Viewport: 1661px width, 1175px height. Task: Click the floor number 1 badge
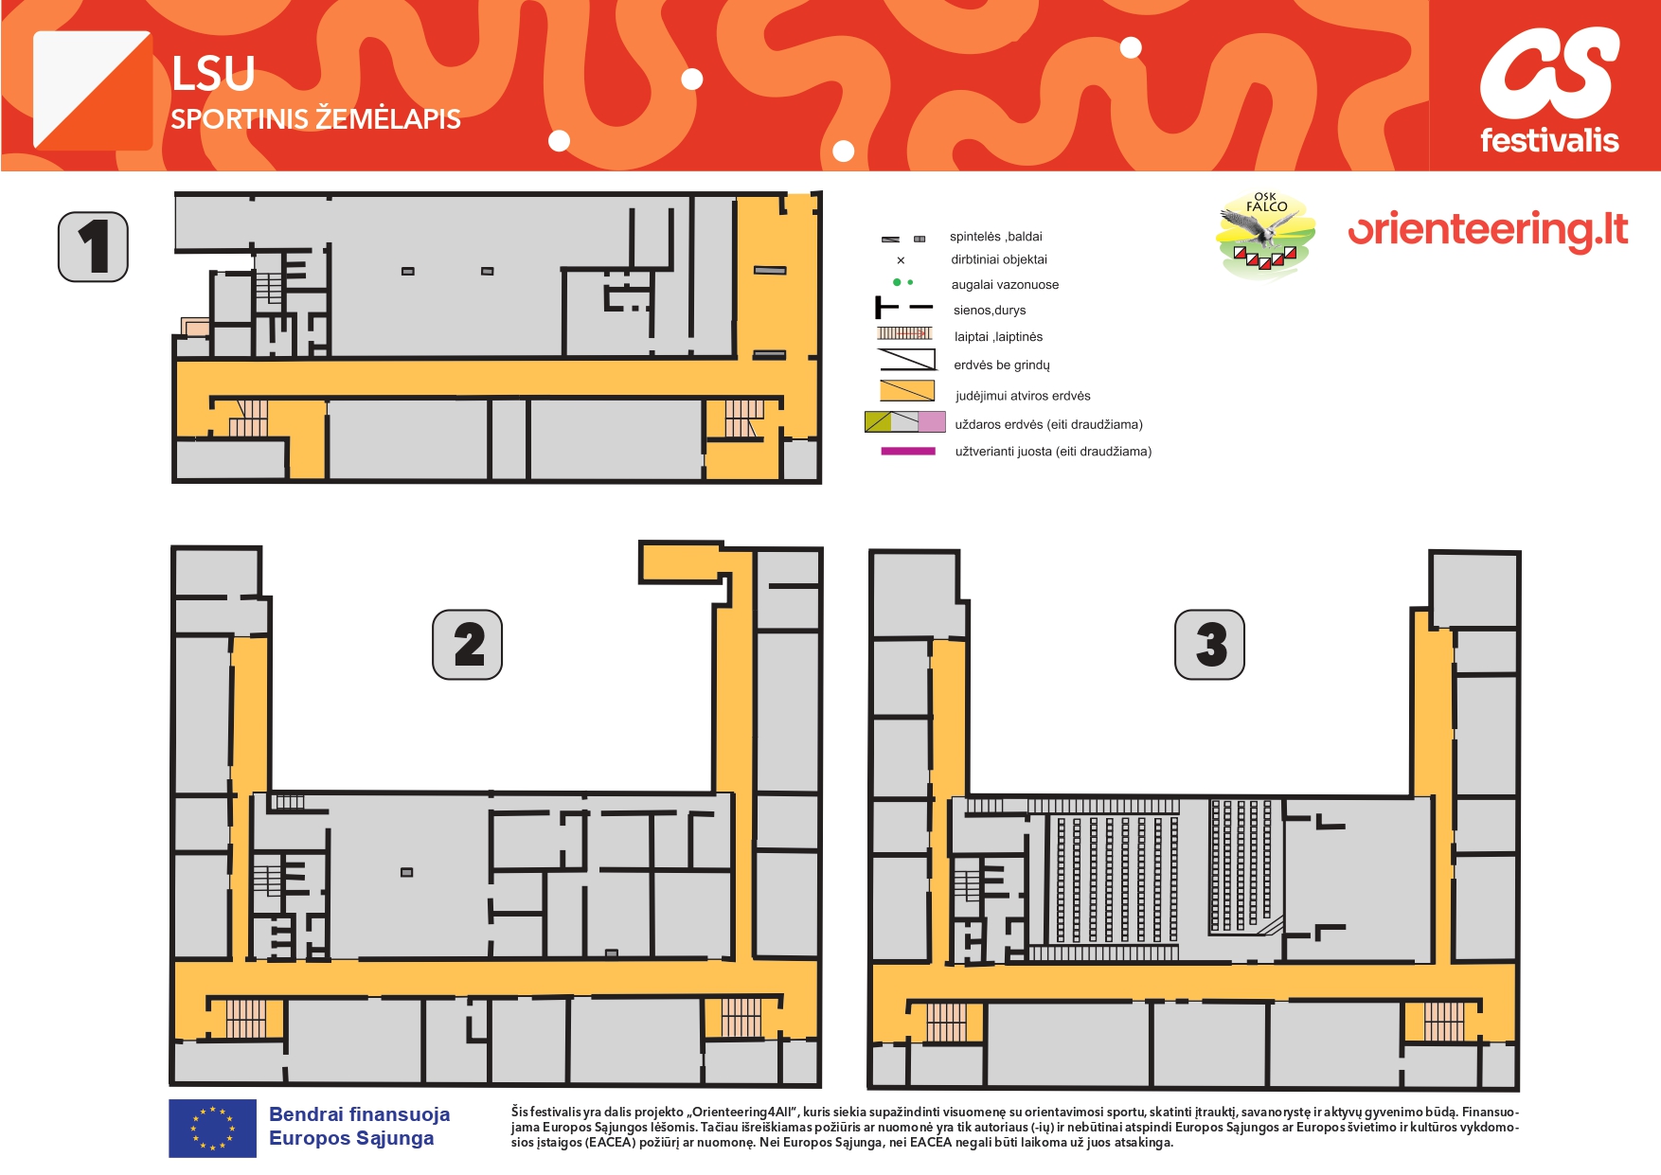(93, 246)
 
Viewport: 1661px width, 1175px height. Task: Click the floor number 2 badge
(467, 644)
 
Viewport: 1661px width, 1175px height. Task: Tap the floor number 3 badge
(1209, 644)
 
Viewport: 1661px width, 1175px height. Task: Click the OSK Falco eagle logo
(1267, 236)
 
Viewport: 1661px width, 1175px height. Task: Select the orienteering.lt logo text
(1488, 230)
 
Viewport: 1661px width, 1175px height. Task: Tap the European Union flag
(212, 1128)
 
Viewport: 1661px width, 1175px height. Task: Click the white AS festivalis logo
(1549, 90)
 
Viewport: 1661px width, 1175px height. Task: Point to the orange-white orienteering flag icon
(93, 90)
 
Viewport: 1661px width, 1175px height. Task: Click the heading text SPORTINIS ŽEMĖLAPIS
(315, 118)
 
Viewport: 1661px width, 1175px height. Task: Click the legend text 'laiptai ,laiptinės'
(998, 337)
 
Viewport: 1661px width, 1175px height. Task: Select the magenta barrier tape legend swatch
(908, 452)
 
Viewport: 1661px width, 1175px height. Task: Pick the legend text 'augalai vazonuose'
(1005, 285)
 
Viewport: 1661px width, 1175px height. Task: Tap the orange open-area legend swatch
(907, 391)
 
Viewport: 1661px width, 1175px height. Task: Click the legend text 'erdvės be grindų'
(1002, 365)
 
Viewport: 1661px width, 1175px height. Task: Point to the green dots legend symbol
(902, 282)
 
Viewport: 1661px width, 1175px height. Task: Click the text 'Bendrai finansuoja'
(359, 1114)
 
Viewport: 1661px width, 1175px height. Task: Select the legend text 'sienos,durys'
(990, 311)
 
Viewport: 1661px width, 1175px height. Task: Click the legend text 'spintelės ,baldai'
(996, 237)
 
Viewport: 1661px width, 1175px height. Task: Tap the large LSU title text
(213, 74)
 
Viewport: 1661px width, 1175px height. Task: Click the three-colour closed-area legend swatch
(904, 422)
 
